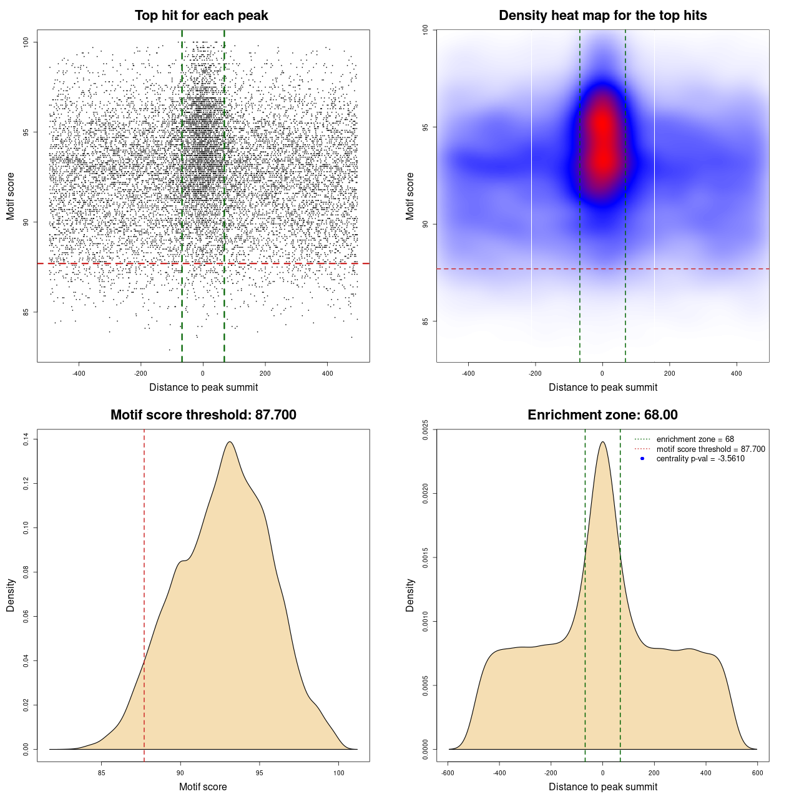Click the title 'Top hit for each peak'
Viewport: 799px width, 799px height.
pyautogui.click(x=202, y=16)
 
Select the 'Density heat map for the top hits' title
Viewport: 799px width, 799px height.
pyautogui.click(x=602, y=16)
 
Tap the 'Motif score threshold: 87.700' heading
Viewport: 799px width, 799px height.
pyautogui.click(x=203, y=415)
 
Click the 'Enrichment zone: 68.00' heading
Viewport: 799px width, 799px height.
pyautogui.click(x=602, y=415)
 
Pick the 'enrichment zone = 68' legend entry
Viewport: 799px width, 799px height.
pyautogui.click(x=695, y=439)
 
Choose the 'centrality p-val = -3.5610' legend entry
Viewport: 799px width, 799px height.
pyautogui.click(x=700, y=459)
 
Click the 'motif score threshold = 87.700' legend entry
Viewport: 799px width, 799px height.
pyautogui.click(x=710, y=449)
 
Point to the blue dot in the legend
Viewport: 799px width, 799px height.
pyautogui.click(x=642, y=459)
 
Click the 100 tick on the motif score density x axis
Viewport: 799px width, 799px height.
pyautogui.click(x=338, y=773)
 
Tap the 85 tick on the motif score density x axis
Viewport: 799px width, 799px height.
pyautogui.click(x=102, y=773)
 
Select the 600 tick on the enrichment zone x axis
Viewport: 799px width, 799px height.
pyautogui.click(x=757, y=773)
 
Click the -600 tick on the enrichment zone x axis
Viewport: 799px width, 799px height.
pyautogui.click(x=448, y=773)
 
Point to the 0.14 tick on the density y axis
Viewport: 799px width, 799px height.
pyautogui.click(x=26, y=439)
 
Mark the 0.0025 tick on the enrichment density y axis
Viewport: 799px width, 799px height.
pyautogui.click(x=426, y=429)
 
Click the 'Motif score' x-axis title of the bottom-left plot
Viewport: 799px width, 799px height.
pyautogui.click(x=203, y=787)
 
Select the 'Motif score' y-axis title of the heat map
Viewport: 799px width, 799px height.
pyautogui.click(x=410, y=196)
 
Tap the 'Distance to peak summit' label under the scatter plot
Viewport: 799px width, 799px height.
pyautogui.click(x=203, y=387)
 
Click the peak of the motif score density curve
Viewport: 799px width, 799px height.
pyautogui.click(x=230, y=442)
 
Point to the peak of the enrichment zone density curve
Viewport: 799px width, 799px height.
pyautogui.click(x=602, y=442)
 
